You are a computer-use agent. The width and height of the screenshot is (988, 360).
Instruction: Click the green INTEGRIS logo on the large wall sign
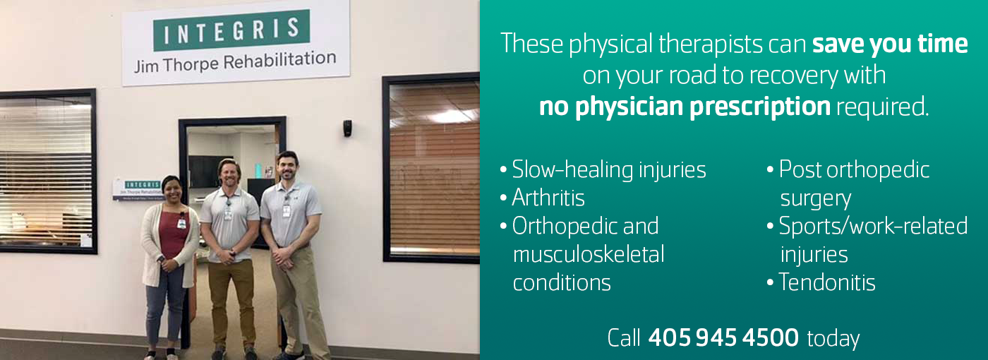point(231,30)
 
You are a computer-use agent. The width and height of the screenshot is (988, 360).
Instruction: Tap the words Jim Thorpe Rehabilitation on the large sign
point(235,62)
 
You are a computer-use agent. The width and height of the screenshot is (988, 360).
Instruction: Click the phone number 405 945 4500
point(723,338)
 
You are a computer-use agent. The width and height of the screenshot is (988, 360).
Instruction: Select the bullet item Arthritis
point(548,197)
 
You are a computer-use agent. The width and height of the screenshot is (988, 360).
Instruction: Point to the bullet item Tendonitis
point(827,282)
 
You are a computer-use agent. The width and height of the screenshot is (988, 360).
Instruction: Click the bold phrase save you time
point(890,44)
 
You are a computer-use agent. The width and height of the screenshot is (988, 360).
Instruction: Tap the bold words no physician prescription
point(685,107)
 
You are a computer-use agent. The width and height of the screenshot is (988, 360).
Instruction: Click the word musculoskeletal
point(589,255)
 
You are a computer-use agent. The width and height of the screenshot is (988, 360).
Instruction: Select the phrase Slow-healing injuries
point(609,170)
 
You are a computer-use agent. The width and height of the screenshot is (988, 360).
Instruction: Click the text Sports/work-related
point(874,227)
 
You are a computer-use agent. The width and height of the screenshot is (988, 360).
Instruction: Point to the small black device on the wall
point(347,128)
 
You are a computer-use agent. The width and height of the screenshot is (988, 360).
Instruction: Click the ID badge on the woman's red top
point(181,222)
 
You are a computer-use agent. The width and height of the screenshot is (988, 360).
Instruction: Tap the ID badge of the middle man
point(228,213)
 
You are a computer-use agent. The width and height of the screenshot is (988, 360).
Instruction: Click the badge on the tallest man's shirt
point(287,210)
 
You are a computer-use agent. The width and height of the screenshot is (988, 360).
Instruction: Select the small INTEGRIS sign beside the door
point(138,189)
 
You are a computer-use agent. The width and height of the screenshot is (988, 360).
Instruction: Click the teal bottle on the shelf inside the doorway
point(258,171)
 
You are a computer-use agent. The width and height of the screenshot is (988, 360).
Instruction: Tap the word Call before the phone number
point(624,338)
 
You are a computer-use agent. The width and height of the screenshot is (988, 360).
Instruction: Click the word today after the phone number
point(833,340)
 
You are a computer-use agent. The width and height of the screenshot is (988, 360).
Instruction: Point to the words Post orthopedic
point(855,170)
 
